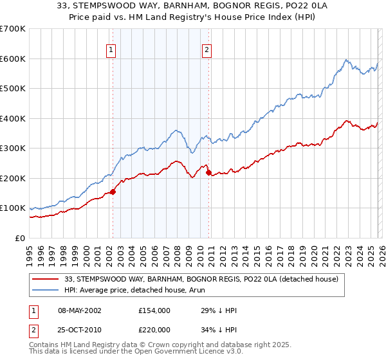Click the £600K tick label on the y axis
pyautogui.click(x=13, y=59)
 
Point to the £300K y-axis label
pyautogui.click(x=13, y=148)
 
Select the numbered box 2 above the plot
pyautogui.click(x=207, y=50)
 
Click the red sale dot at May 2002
pyautogui.click(x=113, y=192)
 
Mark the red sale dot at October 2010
pyautogui.click(x=208, y=172)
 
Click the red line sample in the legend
pyautogui.click(x=46, y=278)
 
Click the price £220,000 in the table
pyautogui.click(x=154, y=330)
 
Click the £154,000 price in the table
pyautogui.click(x=154, y=310)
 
